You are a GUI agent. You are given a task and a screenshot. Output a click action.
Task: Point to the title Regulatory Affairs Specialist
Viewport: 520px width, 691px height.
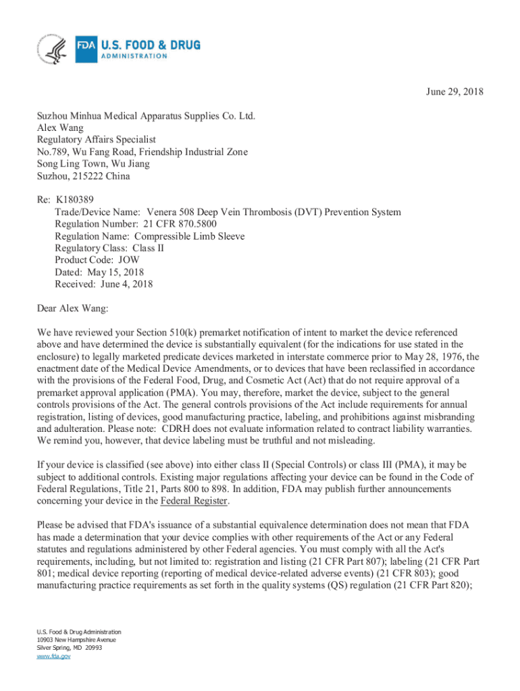click(96, 140)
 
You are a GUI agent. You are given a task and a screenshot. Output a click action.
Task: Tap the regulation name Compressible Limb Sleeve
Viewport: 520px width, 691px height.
click(189, 236)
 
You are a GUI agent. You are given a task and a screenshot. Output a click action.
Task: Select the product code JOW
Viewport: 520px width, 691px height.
click(130, 260)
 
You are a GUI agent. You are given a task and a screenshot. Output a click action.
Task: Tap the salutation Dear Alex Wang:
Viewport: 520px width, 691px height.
click(72, 308)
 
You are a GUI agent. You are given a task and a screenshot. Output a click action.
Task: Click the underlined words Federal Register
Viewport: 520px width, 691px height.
click(194, 501)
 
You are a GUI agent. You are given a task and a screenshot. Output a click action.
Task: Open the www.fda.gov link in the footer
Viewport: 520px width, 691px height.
click(54, 656)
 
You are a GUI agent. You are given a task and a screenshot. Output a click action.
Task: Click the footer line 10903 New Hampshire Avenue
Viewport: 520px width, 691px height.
click(76, 640)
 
